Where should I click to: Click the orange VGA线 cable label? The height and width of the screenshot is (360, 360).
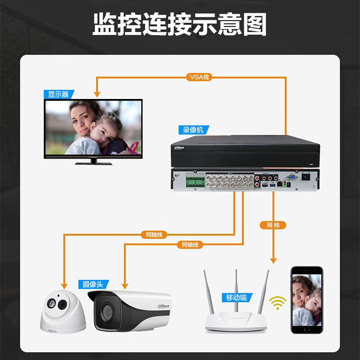[x=199, y=77]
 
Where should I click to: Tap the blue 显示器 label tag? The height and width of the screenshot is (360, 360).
[x=59, y=94]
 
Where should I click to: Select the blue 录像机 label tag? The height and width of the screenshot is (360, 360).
[x=193, y=130]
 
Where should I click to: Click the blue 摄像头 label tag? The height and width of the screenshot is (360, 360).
[x=93, y=284]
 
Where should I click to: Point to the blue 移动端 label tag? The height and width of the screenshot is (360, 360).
[x=237, y=297]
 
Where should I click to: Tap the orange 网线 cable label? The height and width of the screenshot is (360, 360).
[x=273, y=225]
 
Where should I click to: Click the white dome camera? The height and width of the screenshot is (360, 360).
[x=63, y=311]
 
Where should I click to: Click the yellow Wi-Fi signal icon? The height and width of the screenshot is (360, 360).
[x=278, y=303]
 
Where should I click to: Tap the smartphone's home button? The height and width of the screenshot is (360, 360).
[x=307, y=329]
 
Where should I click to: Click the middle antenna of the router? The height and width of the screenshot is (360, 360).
[x=236, y=291]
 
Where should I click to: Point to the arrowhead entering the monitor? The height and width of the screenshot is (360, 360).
[x=97, y=94]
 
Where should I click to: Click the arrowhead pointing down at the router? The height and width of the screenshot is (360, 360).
[x=273, y=261]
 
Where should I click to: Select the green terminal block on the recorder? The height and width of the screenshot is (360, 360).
[x=195, y=182]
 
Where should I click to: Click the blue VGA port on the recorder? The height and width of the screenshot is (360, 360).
[x=292, y=177]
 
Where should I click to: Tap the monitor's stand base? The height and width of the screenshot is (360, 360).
[x=94, y=163]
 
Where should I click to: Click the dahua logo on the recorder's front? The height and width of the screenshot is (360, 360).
[x=179, y=148]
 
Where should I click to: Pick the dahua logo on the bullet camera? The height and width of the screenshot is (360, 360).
[x=163, y=306]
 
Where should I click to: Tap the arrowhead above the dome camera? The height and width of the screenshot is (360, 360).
[x=64, y=286]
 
